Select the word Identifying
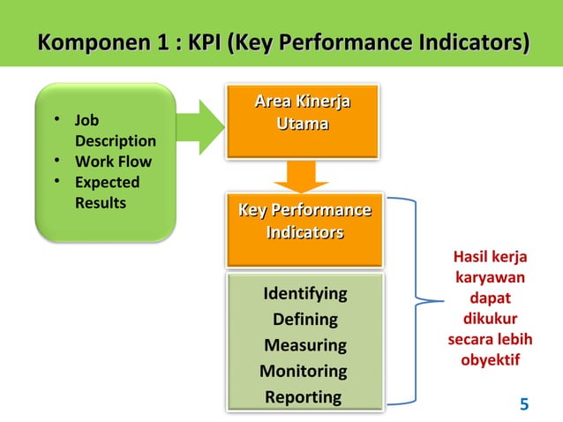304,293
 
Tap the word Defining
304,319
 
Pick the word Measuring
304,344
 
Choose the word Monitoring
304,371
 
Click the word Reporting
304,396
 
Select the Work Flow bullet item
112,162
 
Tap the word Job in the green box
87,121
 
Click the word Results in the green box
100,203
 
